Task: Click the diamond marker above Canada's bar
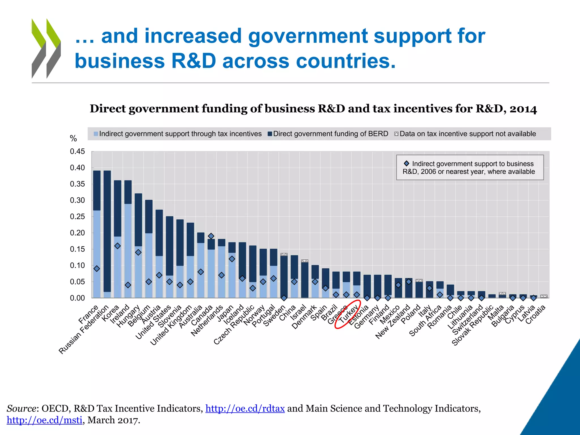[211, 236]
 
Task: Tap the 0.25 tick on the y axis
[77, 217]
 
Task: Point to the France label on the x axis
[88, 315]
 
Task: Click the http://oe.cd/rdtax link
[245, 408]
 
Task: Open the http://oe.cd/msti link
[44, 420]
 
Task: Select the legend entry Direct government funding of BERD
[330, 134]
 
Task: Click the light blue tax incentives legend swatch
[96, 134]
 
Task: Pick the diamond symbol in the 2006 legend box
[406, 163]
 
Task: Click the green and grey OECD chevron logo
[46, 48]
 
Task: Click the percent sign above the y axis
[73, 138]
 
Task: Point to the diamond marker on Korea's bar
[118, 246]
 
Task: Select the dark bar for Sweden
[284, 276]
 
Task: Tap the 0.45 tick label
[77, 152]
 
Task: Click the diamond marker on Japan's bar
[232, 259]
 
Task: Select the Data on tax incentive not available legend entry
[467, 134]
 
